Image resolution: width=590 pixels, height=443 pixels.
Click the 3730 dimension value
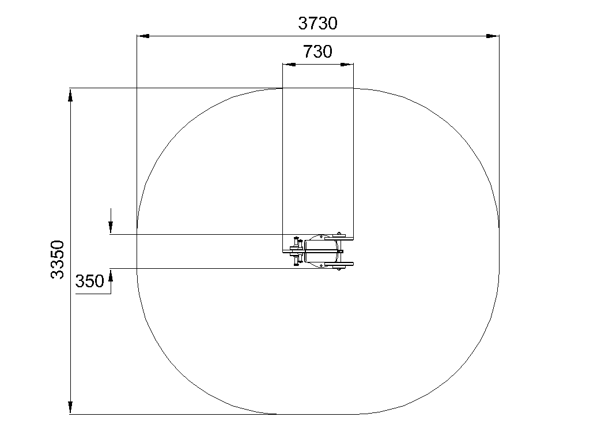coord(317,23)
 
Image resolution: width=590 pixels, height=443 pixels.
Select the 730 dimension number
coord(317,51)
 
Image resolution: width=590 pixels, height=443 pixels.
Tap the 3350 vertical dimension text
coord(58,260)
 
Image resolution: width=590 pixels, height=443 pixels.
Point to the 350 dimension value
coord(89,281)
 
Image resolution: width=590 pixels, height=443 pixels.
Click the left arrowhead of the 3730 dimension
coord(143,36)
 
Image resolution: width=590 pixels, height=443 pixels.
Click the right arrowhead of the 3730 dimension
coord(493,36)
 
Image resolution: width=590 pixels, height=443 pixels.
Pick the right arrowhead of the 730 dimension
coord(347,65)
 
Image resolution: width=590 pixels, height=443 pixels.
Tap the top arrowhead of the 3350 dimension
coord(70,95)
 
